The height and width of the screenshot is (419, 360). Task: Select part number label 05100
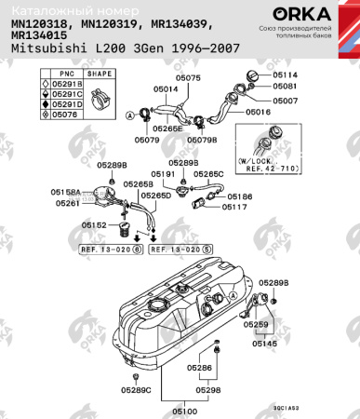coord(184,409)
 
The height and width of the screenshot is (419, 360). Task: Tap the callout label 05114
coord(285,74)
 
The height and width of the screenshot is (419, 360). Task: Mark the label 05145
coord(264,344)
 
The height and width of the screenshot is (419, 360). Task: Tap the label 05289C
coord(135,389)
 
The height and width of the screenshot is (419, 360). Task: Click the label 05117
coord(234,207)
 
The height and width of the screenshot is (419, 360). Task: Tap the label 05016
coord(258,111)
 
